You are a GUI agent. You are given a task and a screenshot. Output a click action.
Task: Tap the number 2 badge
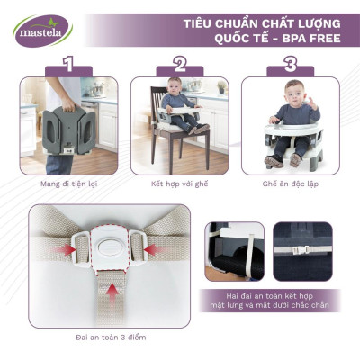[180, 64]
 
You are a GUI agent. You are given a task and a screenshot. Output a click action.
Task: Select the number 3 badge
[290, 64]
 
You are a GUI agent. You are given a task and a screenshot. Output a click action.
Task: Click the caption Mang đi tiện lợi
[68, 182]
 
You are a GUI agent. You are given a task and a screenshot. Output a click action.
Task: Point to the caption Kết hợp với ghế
[179, 182]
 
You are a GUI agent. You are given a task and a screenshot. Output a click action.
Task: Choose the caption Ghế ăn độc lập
[291, 182]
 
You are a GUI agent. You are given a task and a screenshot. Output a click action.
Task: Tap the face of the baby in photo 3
[291, 95]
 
